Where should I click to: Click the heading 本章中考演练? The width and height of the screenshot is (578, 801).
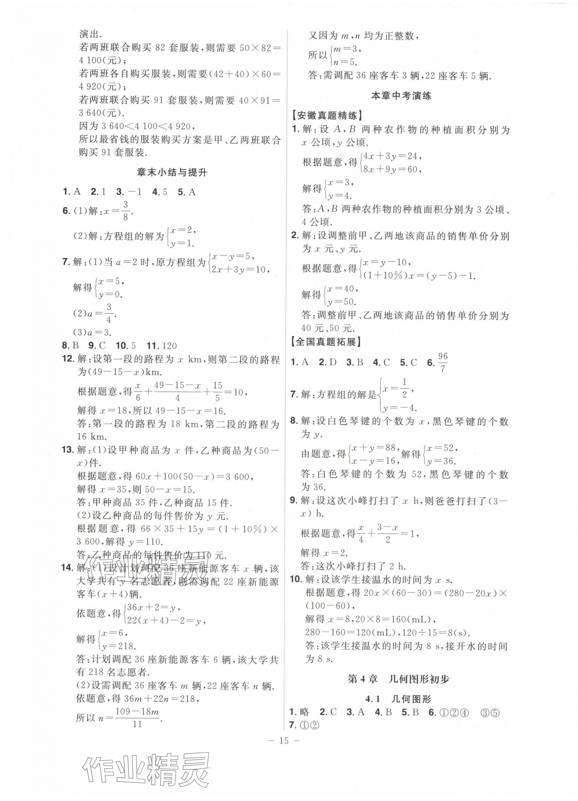[x=401, y=96]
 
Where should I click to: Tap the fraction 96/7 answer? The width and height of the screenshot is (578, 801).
[x=443, y=362]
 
